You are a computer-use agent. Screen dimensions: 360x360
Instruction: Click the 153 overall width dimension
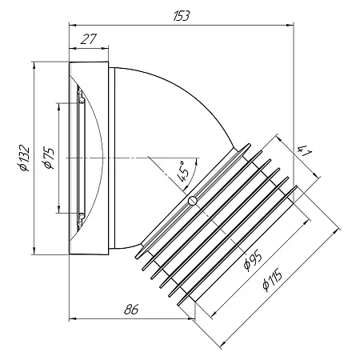[x=182, y=16]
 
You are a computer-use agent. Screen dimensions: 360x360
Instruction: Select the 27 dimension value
[x=88, y=39]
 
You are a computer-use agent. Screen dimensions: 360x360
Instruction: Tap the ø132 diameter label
[x=23, y=158]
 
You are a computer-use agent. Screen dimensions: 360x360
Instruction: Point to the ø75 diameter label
[x=49, y=158]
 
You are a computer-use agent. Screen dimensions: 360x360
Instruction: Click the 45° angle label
[x=183, y=171]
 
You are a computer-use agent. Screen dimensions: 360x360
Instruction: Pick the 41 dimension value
[x=304, y=151]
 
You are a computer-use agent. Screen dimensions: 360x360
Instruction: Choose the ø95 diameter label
[x=253, y=260]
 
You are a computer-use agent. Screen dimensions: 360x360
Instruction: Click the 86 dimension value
[x=131, y=310]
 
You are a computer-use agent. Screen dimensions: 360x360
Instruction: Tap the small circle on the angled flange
[x=192, y=201]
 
